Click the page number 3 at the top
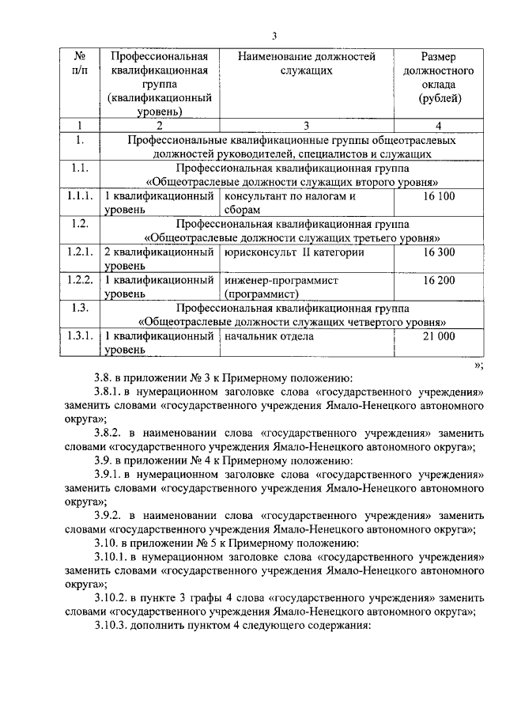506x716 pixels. coord(274,35)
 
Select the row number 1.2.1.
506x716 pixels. coord(79,252)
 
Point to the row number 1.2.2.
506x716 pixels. coord(79,280)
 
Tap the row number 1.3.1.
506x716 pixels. coord(79,336)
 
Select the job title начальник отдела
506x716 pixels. coord(269,336)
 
